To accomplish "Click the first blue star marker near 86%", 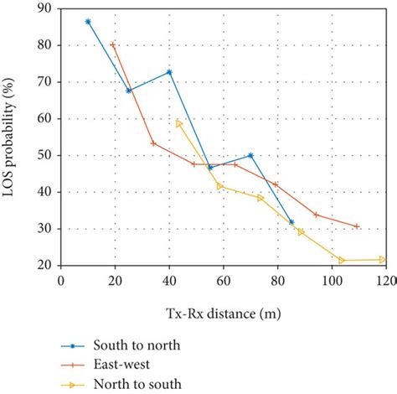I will coord(88,22).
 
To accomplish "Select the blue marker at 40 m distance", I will coord(169,72).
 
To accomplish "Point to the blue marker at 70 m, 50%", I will coord(251,155).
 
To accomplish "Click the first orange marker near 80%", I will coord(112,44).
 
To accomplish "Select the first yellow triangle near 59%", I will coord(179,123).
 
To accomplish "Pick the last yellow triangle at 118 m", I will coord(382,259).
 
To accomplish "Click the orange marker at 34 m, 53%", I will coord(153,143).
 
